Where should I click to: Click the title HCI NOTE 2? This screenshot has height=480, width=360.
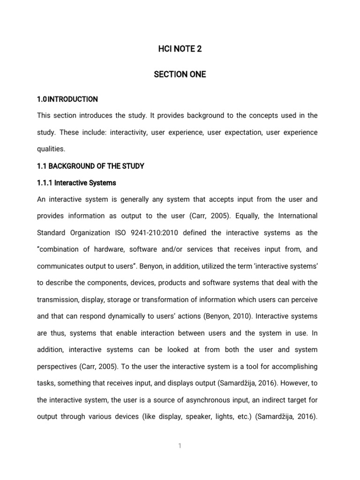pyautogui.click(x=180, y=49)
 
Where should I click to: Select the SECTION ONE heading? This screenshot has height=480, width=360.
pyautogui.click(x=180, y=75)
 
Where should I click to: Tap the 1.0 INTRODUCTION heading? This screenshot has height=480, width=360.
pyautogui.click(x=67, y=99)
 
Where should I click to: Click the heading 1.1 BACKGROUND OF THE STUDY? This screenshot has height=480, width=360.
pyautogui.click(x=90, y=166)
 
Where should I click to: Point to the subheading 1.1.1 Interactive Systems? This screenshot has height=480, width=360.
pyautogui.click(x=76, y=182)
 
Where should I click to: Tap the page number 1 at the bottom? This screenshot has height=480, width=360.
pyautogui.click(x=180, y=446)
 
